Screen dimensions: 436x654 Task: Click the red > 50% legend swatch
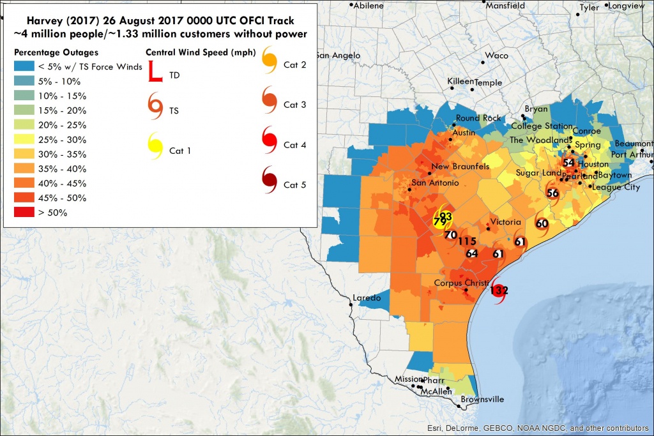[x=26, y=212]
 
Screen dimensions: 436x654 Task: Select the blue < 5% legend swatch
[x=26, y=67]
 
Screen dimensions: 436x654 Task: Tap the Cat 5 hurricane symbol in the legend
[x=269, y=183]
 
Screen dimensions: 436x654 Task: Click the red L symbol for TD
[x=156, y=71]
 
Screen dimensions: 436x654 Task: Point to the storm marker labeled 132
[x=498, y=290]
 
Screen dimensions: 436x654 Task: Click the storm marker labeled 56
[x=553, y=192]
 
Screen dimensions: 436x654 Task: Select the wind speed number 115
[x=467, y=241]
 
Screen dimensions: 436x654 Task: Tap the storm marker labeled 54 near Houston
[x=568, y=163]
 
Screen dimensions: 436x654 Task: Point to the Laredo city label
[x=367, y=298]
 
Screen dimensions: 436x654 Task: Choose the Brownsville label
[x=482, y=400]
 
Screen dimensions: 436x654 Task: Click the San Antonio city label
[x=435, y=183]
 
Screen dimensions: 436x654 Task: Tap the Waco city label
[x=496, y=56]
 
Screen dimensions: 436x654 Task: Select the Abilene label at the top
[x=369, y=5]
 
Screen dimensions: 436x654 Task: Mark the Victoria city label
[x=506, y=222]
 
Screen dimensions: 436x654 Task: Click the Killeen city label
[x=460, y=82]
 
